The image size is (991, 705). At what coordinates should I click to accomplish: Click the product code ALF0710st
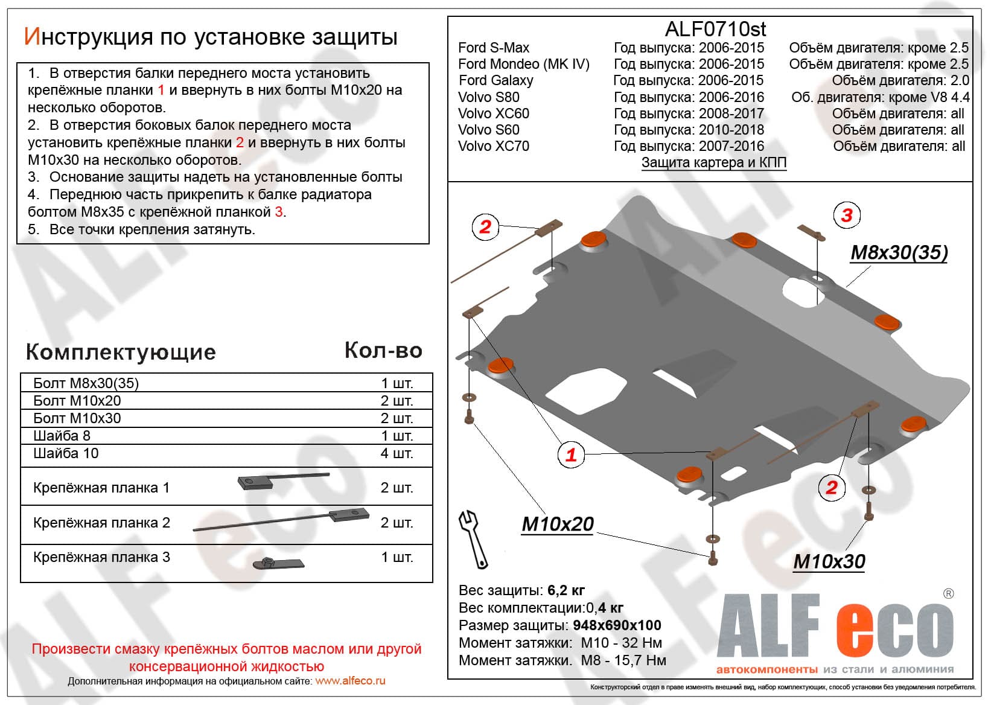coord(715,29)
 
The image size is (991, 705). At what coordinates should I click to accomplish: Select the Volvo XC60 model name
coord(493,113)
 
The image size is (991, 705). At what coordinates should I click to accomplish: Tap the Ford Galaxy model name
coord(495,80)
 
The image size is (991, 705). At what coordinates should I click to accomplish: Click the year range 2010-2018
coord(731,130)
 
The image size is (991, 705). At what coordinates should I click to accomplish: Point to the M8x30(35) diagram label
coord(899,252)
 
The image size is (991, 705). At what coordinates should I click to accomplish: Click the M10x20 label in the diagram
coord(558,524)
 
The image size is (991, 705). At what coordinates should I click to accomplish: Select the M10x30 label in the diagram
coord(829,561)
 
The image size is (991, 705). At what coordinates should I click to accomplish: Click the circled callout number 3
coord(846,215)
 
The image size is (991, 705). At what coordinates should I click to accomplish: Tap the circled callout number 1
coord(570,454)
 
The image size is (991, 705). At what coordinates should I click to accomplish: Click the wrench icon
coord(474,539)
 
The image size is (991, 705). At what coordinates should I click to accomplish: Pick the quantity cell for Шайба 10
coord(397,453)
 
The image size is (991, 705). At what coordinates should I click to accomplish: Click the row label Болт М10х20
coord(77,401)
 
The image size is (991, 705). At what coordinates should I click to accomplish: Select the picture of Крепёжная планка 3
coord(278,563)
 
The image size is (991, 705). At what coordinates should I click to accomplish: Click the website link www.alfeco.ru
coord(350,681)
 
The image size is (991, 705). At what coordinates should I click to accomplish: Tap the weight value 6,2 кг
coord(566,590)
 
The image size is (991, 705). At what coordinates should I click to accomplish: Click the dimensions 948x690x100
coord(617,625)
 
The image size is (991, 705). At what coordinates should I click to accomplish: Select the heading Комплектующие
coord(121,352)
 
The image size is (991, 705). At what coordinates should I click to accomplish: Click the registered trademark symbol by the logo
coord(948,594)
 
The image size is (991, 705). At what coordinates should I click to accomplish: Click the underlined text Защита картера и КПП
coord(713,162)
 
